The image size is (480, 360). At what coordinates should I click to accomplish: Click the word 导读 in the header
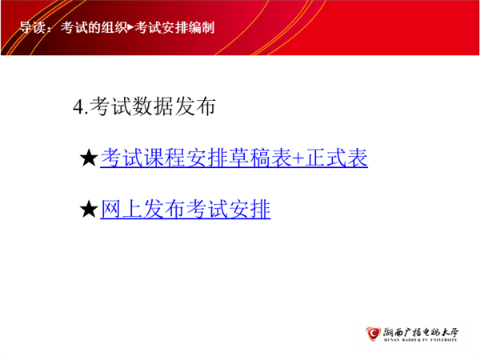(33, 27)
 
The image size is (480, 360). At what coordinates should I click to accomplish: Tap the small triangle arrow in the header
(130, 28)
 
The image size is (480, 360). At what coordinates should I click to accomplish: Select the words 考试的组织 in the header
(94, 27)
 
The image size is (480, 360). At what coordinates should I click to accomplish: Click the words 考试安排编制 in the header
(174, 27)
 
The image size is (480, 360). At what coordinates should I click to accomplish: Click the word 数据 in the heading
(153, 106)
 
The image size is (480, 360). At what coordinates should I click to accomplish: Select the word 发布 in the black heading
(195, 106)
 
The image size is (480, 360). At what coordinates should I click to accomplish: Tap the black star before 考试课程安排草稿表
(89, 158)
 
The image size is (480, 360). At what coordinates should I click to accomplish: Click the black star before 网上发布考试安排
(89, 210)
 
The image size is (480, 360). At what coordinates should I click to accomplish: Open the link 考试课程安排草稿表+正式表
(234, 158)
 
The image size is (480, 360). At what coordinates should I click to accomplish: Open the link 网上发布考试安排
(186, 210)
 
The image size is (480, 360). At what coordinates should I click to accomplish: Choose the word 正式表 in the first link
(336, 158)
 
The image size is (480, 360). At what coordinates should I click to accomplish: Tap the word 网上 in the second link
(122, 210)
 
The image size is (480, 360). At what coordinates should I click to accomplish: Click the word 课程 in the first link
(164, 158)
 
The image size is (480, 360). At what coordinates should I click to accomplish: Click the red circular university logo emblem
(373, 334)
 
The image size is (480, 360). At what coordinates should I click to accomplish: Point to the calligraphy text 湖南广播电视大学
(421, 332)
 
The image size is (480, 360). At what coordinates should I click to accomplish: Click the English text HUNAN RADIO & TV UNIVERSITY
(420, 340)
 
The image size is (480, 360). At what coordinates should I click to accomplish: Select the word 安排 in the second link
(249, 210)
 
